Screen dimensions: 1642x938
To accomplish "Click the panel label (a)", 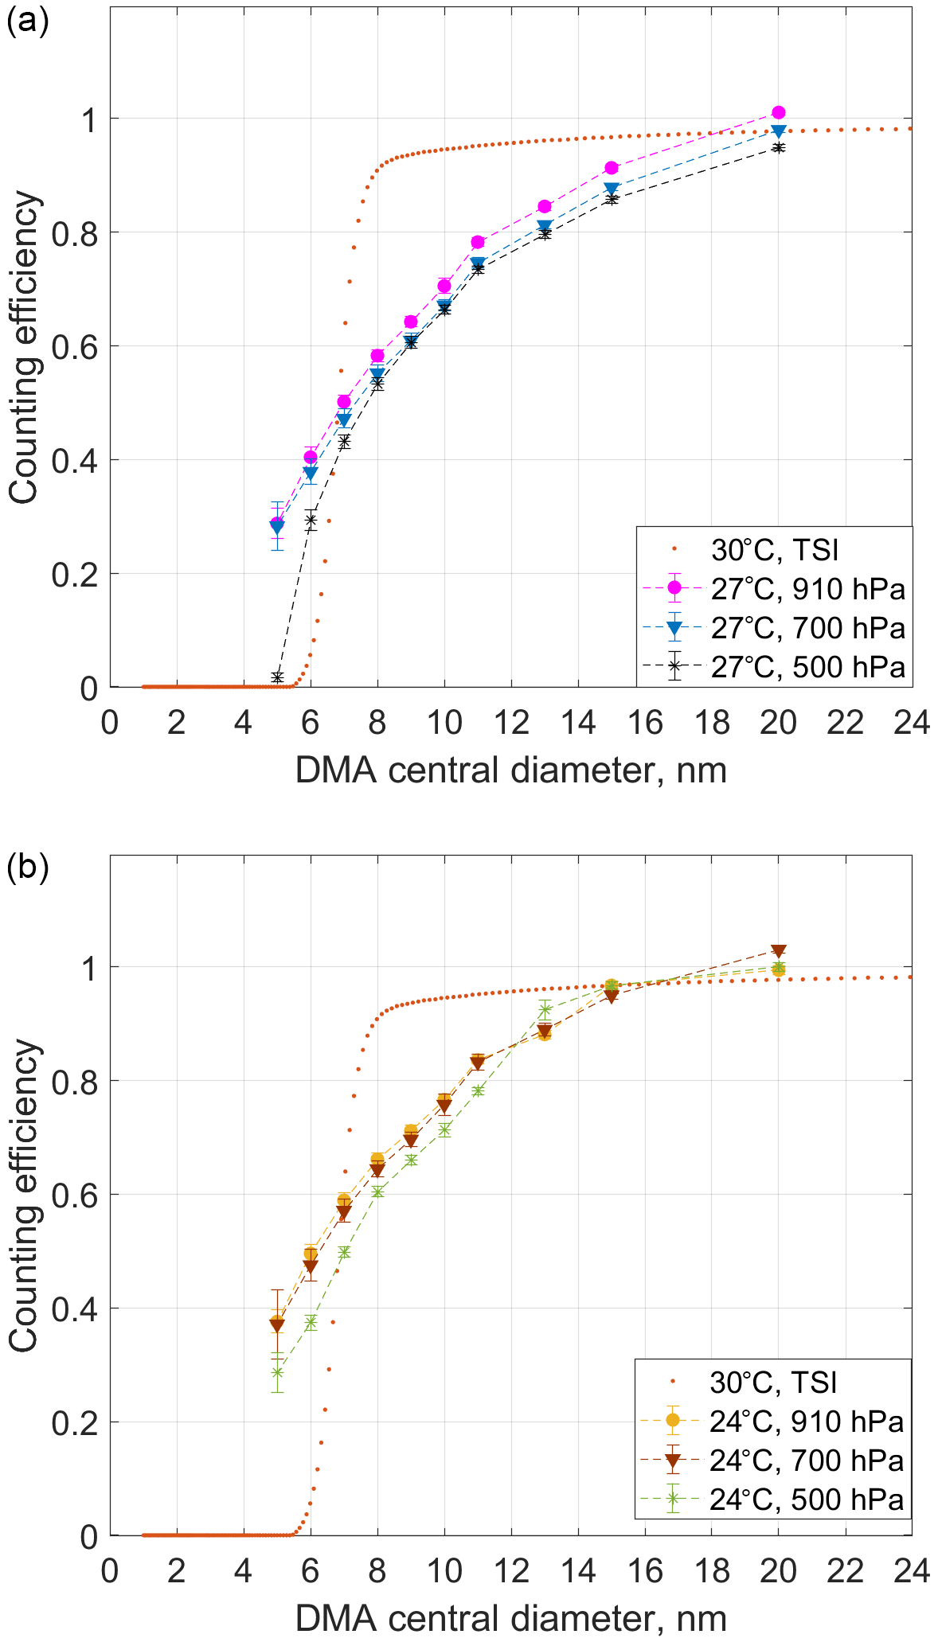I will tap(28, 20).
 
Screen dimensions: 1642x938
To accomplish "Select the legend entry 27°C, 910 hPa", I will tap(807, 589).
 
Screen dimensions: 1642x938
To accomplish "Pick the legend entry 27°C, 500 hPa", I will tap(807, 667).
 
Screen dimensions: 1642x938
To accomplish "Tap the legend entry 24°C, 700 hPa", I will tap(806, 1461).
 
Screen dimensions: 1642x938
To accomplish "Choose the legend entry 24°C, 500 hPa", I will tap(806, 1500).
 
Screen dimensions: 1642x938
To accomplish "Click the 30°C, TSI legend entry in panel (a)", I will tap(775, 550).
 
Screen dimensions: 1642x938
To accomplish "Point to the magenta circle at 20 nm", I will tap(778, 112).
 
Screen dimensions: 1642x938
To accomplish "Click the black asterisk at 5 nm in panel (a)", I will tap(277, 677).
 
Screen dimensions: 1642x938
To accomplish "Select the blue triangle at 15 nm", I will tap(611, 189).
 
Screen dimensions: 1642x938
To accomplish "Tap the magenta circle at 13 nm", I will tap(545, 206).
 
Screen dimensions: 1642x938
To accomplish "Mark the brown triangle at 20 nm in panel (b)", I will tap(778, 950).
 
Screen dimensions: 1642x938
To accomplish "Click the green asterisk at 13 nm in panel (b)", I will tap(545, 1010).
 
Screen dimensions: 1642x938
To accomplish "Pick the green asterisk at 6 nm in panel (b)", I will tap(311, 1322).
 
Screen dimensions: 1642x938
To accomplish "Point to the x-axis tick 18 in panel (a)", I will tap(711, 723).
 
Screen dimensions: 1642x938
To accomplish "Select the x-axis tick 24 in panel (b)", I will tap(911, 1570).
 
